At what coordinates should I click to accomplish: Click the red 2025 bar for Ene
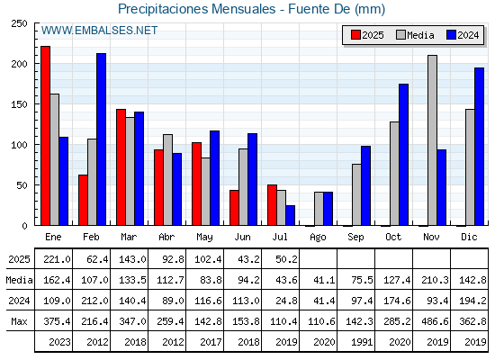(45, 136)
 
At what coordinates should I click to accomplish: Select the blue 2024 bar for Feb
(101, 139)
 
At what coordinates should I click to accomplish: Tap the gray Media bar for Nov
(432, 140)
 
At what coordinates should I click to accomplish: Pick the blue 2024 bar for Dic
(479, 147)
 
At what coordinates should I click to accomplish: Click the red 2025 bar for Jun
(234, 208)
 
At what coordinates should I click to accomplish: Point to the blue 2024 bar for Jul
(290, 215)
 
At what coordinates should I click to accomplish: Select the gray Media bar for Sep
(356, 194)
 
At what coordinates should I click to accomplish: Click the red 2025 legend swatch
(355, 35)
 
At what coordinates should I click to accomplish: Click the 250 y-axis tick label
(19, 23)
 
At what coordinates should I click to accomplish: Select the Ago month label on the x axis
(318, 238)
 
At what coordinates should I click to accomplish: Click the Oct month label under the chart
(393, 237)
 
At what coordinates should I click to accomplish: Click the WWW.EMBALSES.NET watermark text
(99, 31)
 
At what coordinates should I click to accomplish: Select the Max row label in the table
(19, 321)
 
